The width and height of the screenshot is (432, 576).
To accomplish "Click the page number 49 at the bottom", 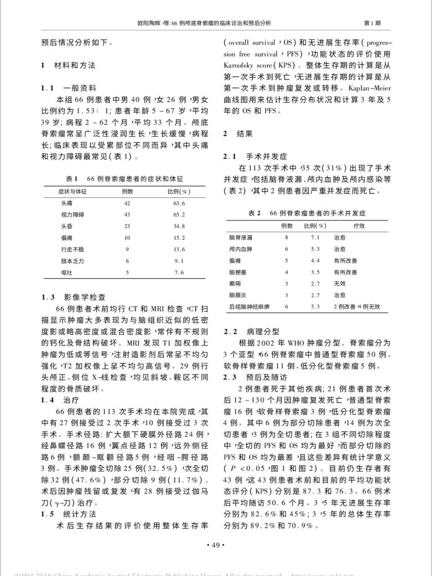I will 216,546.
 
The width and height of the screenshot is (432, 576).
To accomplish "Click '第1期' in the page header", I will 372,23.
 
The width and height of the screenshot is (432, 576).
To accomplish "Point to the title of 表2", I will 307,213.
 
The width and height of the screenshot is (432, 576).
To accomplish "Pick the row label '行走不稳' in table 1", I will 72,249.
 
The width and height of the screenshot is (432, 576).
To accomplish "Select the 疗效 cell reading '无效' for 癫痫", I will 339,283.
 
